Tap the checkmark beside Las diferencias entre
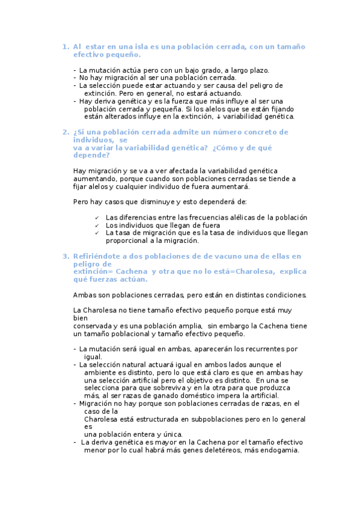point(96,218)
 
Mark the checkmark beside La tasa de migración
point(96,233)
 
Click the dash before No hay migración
point(75,78)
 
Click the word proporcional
point(126,241)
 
